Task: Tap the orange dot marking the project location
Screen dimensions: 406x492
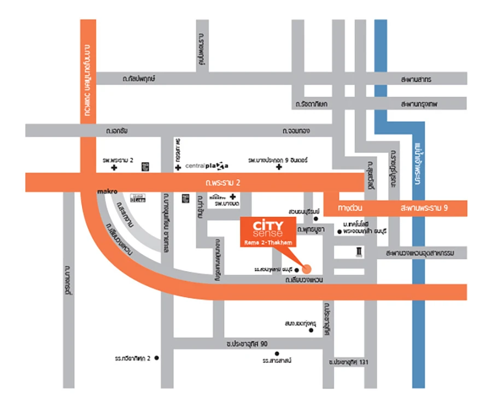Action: tap(307, 268)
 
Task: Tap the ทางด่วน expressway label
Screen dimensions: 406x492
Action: tap(350, 208)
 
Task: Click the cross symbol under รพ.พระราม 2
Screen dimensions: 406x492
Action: tap(114, 168)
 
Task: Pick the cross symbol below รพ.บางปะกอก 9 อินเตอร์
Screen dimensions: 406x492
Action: tap(279, 167)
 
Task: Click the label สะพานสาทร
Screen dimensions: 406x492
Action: tap(416, 79)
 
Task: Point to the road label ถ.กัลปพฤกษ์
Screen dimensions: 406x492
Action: tap(139, 79)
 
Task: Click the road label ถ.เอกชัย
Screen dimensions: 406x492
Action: tap(119, 131)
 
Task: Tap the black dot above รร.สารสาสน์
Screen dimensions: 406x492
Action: tap(277, 353)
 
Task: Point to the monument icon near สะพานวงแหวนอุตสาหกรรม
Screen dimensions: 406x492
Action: tap(358, 251)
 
